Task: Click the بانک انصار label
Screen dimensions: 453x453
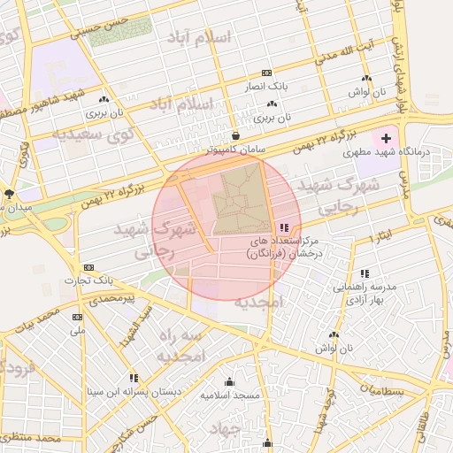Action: coord(265,86)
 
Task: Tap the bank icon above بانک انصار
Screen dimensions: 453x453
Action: coord(266,73)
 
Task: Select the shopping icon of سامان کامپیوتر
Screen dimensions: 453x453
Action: coord(236,135)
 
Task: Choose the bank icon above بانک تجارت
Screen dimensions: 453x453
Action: coord(88,267)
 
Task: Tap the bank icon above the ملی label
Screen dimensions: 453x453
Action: coord(78,317)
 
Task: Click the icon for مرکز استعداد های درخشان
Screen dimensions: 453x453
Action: coord(283,227)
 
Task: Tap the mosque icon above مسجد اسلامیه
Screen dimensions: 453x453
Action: coord(230,381)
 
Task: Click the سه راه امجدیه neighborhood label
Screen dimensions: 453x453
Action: coord(181,346)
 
